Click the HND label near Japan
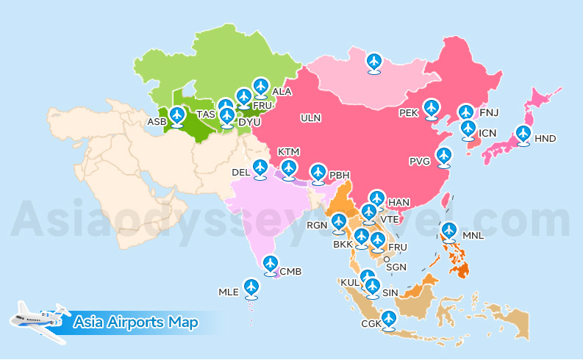[x=545, y=138]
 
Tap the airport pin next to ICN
[x=468, y=129]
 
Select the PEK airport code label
[x=409, y=113]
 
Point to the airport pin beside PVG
[x=443, y=155]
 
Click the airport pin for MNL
[x=449, y=230]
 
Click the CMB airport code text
[x=290, y=271]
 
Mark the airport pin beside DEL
[x=260, y=168]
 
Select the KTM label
[x=289, y=151]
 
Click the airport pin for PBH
[x=318, y=172]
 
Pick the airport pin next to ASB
[x=176, y=115]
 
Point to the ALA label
[x=282, y=92]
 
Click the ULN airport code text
[x=311, y=118]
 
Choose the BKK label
[x=343, y=244]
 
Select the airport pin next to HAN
[x=376, y=198]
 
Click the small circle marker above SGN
[x=387, y=258]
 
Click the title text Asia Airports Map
[x=136, y=322]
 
